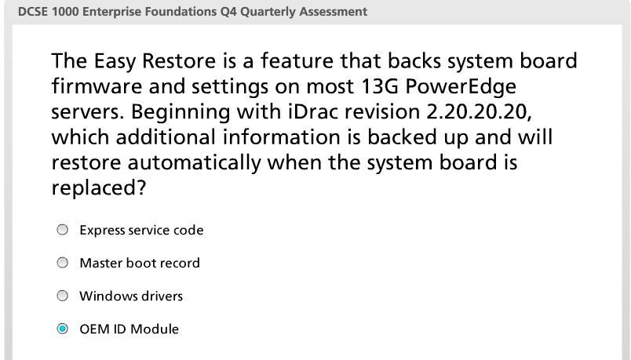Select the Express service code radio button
[62, 230]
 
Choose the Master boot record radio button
[62, 263]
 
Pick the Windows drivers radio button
[62, 296]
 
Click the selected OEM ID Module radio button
[62, 329]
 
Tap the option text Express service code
[141, 230]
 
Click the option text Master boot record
[140, 263]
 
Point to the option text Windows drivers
[131, 296]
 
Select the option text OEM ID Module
[129, 329]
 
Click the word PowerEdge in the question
[461, 87]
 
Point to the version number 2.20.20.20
[479, 111]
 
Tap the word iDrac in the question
[313, 111]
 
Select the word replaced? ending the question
[98, 188]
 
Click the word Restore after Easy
[179, 60]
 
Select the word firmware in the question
[97, 86]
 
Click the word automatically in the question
[195, 163]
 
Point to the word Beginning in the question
[181, 112]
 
